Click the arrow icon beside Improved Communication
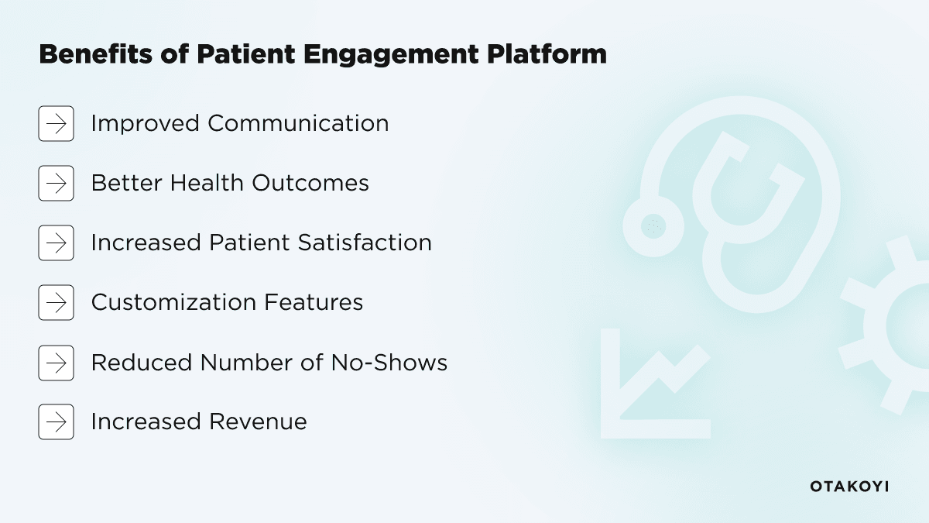tap(56, 123)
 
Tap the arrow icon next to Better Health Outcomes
tap(56, 183)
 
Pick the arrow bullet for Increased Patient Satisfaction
tap(56, 243)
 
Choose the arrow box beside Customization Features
tap(56, 302)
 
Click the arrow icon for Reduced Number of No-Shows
tap(56, 363)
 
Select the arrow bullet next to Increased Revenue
tap(56, 421)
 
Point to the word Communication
tap(298, 123)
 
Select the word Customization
tap(174, 302)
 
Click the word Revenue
tap(258, 421)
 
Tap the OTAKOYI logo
tap(849, 487)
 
